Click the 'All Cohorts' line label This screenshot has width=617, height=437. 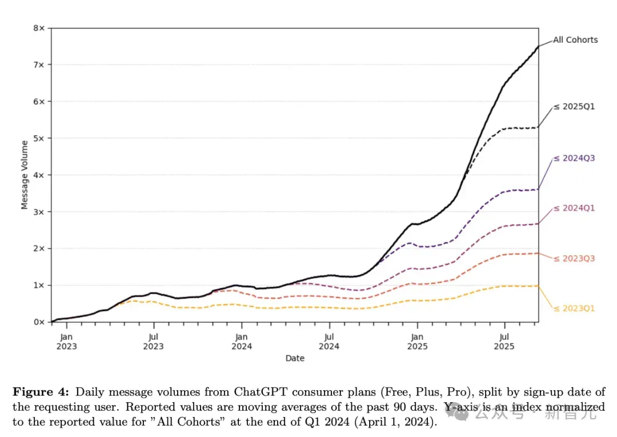[575, 40]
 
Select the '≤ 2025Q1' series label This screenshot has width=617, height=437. [574, 107]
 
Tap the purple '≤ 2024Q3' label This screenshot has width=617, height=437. [574, 158]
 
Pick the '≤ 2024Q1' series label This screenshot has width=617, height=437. [574, 208]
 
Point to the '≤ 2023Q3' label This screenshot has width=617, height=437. [574, 258]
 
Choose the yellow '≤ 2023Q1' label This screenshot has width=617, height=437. [574, 308]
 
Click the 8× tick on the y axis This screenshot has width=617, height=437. [39, 28]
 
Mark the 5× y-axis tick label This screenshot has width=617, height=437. [39, 138]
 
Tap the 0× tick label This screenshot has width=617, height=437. [39, 322]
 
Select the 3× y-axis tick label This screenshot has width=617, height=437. [39, 211]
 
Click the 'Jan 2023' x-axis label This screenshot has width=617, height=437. [66, 342]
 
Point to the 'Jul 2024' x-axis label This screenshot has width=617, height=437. [329, 342]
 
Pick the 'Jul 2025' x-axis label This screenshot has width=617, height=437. [504, 342]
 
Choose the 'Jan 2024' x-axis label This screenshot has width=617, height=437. [242, 342]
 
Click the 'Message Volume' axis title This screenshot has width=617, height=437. [25, 175]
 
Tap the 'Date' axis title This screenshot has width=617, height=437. [295, 358]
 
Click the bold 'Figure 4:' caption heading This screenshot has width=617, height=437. [41, 392]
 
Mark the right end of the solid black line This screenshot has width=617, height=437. [538, 46]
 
